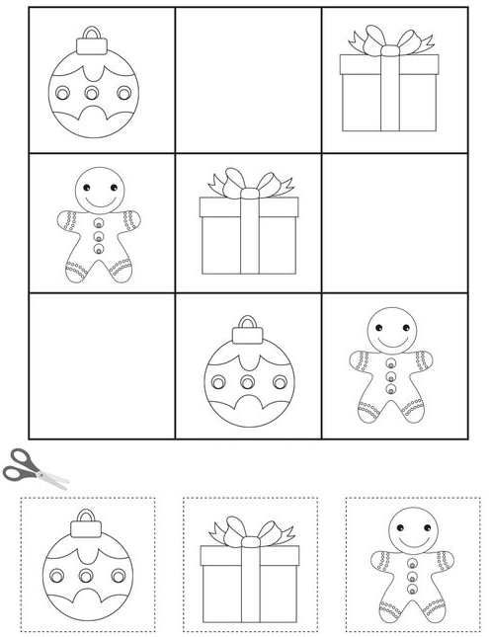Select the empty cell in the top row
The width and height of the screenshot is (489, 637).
248,80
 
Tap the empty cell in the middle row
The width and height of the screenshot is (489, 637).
395,223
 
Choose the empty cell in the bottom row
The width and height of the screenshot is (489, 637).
101,366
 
